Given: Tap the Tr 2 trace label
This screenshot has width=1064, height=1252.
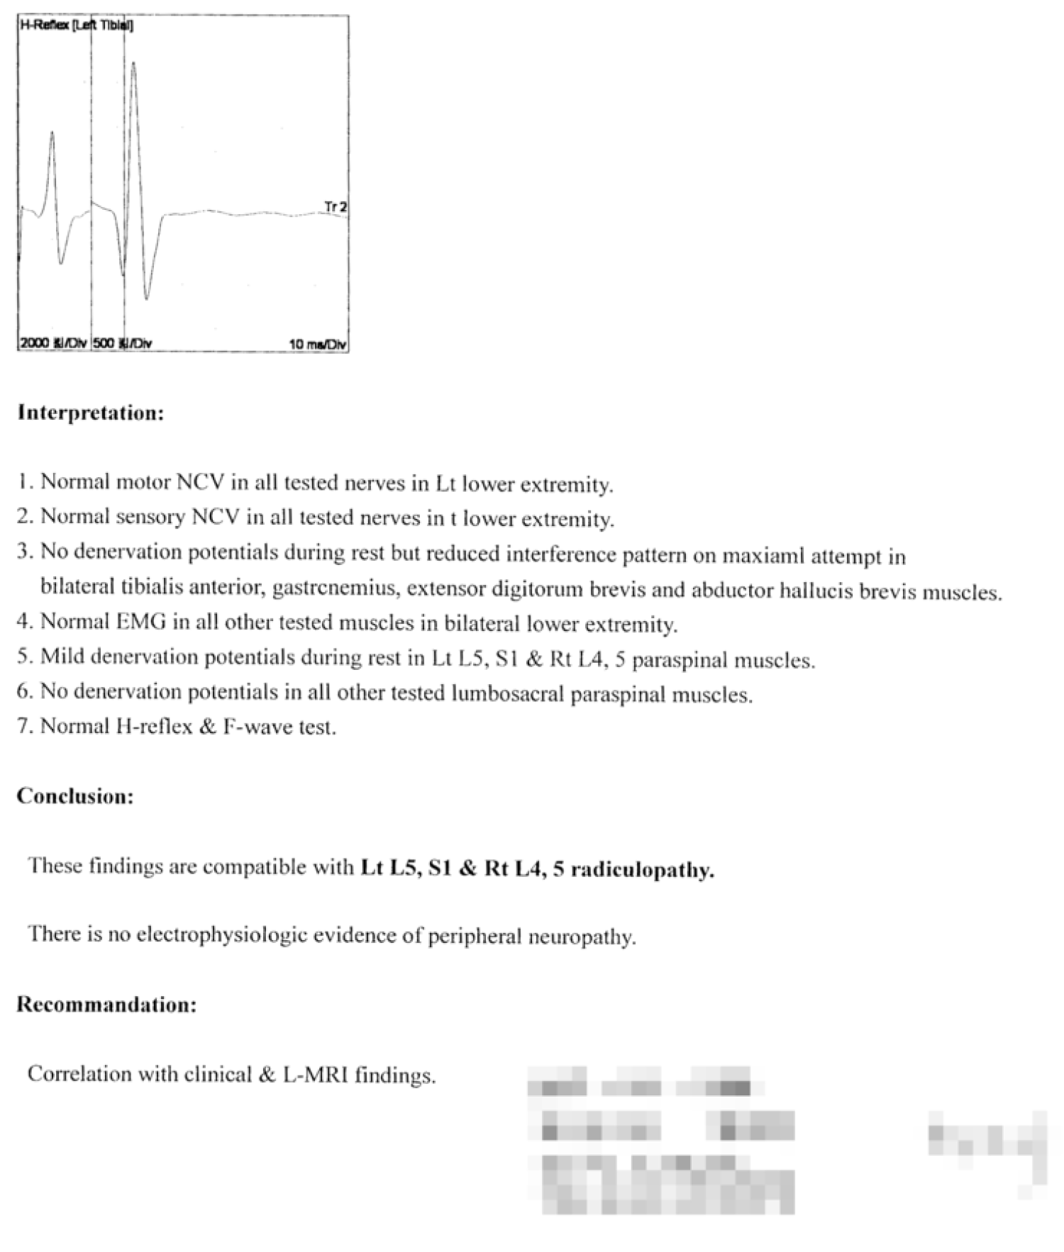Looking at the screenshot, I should pos(336,207).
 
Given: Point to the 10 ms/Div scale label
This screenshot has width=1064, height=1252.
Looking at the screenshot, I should pos(317,345).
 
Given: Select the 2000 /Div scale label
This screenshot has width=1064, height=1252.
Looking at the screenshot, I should pos(52,344).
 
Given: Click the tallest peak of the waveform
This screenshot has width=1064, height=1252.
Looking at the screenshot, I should pos(133,64).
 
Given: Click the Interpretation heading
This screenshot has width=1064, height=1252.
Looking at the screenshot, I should pos(91,413).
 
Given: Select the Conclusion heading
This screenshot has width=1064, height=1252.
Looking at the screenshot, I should pos(75,796).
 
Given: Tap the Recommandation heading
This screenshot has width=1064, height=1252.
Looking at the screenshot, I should pos(106,1005).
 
